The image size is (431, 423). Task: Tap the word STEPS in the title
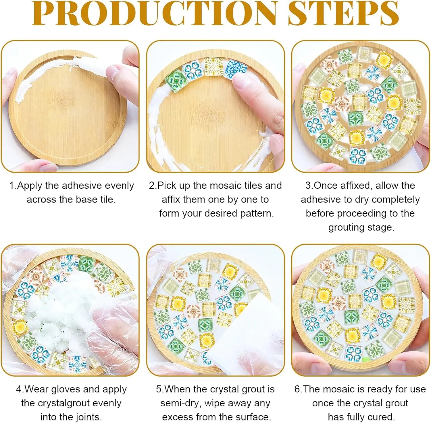tap(343, 13)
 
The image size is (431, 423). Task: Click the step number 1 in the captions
tap(12, 186)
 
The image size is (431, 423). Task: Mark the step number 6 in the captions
tap(297, 389)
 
